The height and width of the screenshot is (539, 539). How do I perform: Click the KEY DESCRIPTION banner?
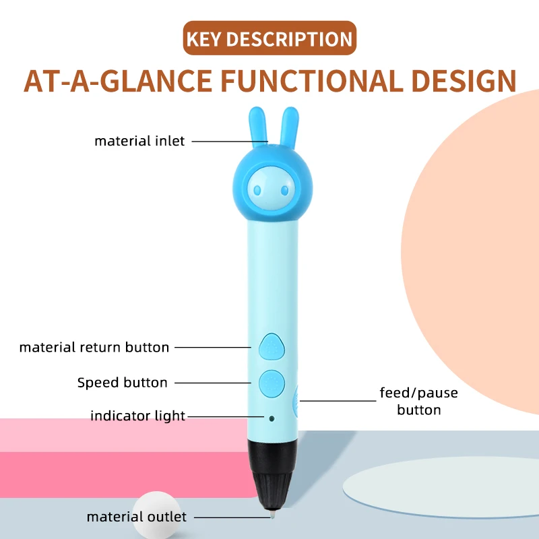[269, 38]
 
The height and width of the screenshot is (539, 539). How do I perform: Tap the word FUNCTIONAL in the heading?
[312, 81]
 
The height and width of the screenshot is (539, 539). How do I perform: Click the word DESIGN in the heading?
[464, 81]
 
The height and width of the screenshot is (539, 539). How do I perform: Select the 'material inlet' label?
[139, 141]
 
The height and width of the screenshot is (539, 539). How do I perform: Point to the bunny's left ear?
[258, 125]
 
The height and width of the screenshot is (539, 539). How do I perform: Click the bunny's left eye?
[257, 190]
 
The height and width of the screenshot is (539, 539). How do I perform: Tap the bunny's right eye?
[284, 190]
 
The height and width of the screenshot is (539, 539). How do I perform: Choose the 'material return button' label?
[94, 348]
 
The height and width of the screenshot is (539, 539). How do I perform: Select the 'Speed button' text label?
[123, 383]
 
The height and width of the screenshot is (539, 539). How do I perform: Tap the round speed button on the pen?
[272, 383]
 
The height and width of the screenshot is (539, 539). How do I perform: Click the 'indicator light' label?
[138, 416]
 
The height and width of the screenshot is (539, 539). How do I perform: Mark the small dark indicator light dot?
[272, 418]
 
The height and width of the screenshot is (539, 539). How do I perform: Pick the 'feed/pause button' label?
[418, 401]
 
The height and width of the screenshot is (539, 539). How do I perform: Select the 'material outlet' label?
[137, 517]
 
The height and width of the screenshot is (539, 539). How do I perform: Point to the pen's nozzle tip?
[272, 515]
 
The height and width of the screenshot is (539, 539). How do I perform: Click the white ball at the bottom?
[157, 515]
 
